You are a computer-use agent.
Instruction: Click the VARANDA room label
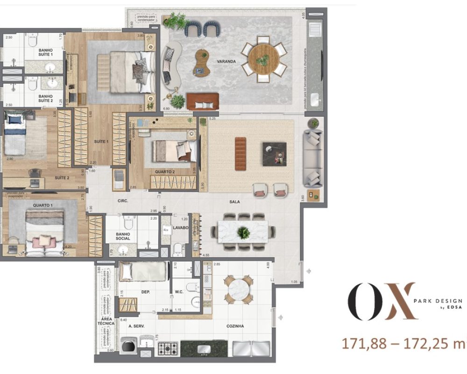pos(226,61)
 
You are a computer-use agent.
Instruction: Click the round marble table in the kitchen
pos(239,290)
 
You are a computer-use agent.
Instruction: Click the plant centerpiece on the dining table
pos(242,231)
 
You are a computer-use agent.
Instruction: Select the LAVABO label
pos(180,228)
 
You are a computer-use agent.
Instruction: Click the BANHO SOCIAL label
pos(123,236)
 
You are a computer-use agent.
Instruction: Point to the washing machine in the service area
pos(127,346)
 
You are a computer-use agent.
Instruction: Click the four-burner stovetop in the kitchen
pos(167,348)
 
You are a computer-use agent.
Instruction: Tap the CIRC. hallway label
pos(123,202)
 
